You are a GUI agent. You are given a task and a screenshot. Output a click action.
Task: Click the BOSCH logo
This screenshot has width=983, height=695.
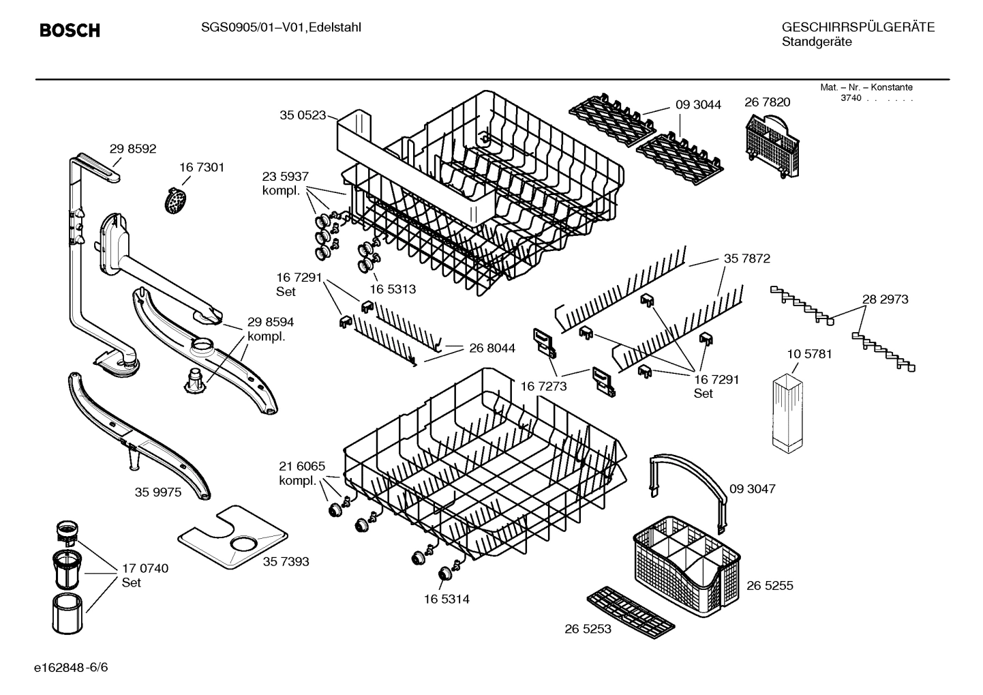coord(70,31)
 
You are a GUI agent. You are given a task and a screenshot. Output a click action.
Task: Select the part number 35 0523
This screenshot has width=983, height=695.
coord(302,116)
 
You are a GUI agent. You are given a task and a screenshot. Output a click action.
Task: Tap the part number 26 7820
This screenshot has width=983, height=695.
coord(767,102)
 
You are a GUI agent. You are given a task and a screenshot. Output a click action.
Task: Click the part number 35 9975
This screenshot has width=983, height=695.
coord(157,492)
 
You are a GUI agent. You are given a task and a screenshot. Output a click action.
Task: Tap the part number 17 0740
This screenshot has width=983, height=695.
coord(145,568)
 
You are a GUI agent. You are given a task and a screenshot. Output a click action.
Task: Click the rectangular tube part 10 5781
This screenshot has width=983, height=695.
coord(789,412)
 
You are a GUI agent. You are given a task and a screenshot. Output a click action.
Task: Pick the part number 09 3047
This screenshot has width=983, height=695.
coord(752,489)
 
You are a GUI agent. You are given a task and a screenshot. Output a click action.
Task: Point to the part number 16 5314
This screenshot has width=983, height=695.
coord(446,599)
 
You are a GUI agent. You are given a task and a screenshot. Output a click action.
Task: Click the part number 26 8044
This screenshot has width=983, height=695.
coord(491,348)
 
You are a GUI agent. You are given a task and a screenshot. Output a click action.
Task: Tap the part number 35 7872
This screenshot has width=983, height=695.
coord(746,258)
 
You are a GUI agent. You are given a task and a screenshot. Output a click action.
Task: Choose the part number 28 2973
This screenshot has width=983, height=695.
coord(885,299)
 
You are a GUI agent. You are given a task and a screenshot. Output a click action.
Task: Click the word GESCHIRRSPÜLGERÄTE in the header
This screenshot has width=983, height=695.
coord(858,27)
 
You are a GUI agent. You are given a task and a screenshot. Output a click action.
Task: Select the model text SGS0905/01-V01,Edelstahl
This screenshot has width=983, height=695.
coord(281,27)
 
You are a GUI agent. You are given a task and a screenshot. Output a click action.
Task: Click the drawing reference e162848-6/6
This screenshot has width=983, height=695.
coord(71,666)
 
